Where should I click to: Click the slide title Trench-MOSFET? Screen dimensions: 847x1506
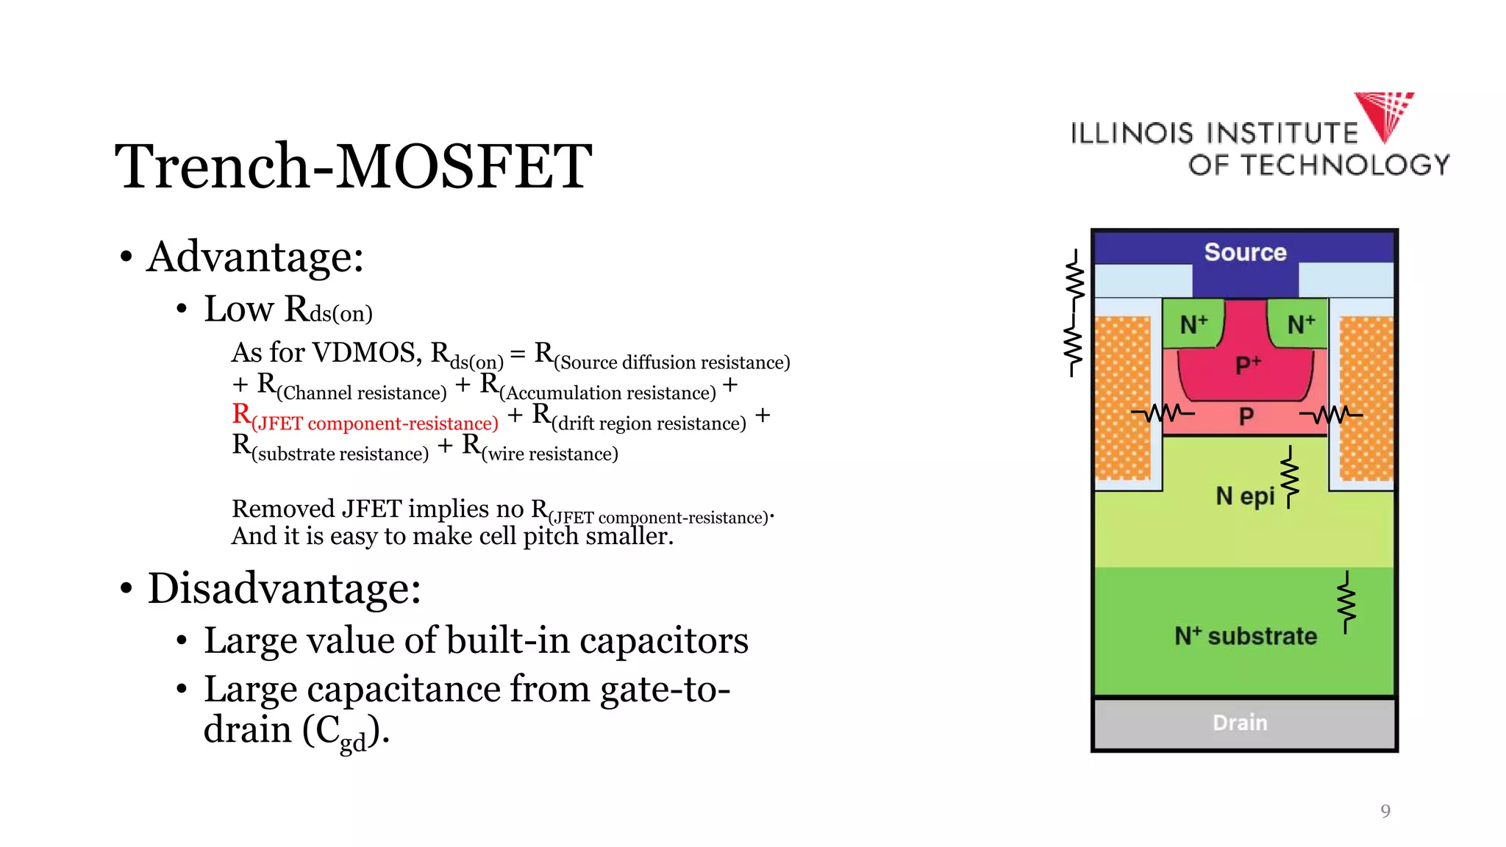(x=353, y=166)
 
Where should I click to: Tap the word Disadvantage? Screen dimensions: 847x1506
(x=283, y=589)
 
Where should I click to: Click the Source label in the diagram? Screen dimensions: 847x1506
(x=1245, y=252)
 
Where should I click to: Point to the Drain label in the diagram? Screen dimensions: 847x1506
(x=1240, y=723)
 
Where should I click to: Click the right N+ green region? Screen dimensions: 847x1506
(x=1300, y=324)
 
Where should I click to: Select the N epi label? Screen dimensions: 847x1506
(x=1244, y=496)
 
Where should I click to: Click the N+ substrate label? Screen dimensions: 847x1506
(x=1245, y=636)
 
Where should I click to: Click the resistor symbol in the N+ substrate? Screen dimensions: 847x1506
(x=1346, y=603)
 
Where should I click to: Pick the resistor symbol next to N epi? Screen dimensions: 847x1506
(x=1290, y=478)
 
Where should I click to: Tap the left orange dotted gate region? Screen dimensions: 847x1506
(x=1123, y=398)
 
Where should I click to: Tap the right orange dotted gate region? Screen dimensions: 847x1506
(x=1366, y=398)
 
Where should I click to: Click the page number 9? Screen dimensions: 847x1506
(x=1385, y=811)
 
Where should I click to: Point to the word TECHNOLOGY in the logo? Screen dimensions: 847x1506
(x=1345, y=165)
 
